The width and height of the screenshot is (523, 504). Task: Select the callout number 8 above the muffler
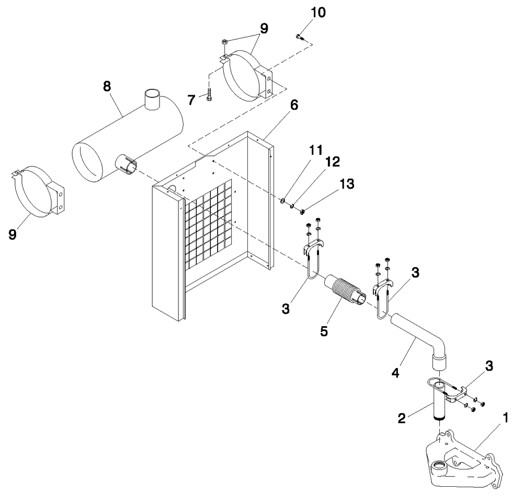coord(107,87)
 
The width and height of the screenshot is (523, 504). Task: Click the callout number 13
coord(347,184)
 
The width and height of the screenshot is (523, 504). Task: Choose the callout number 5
coord(324,331)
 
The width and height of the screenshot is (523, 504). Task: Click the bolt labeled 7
coord(209,96)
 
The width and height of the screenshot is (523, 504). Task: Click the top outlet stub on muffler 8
coord(152,99)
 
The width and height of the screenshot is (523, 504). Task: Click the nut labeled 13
coord(302,211)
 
